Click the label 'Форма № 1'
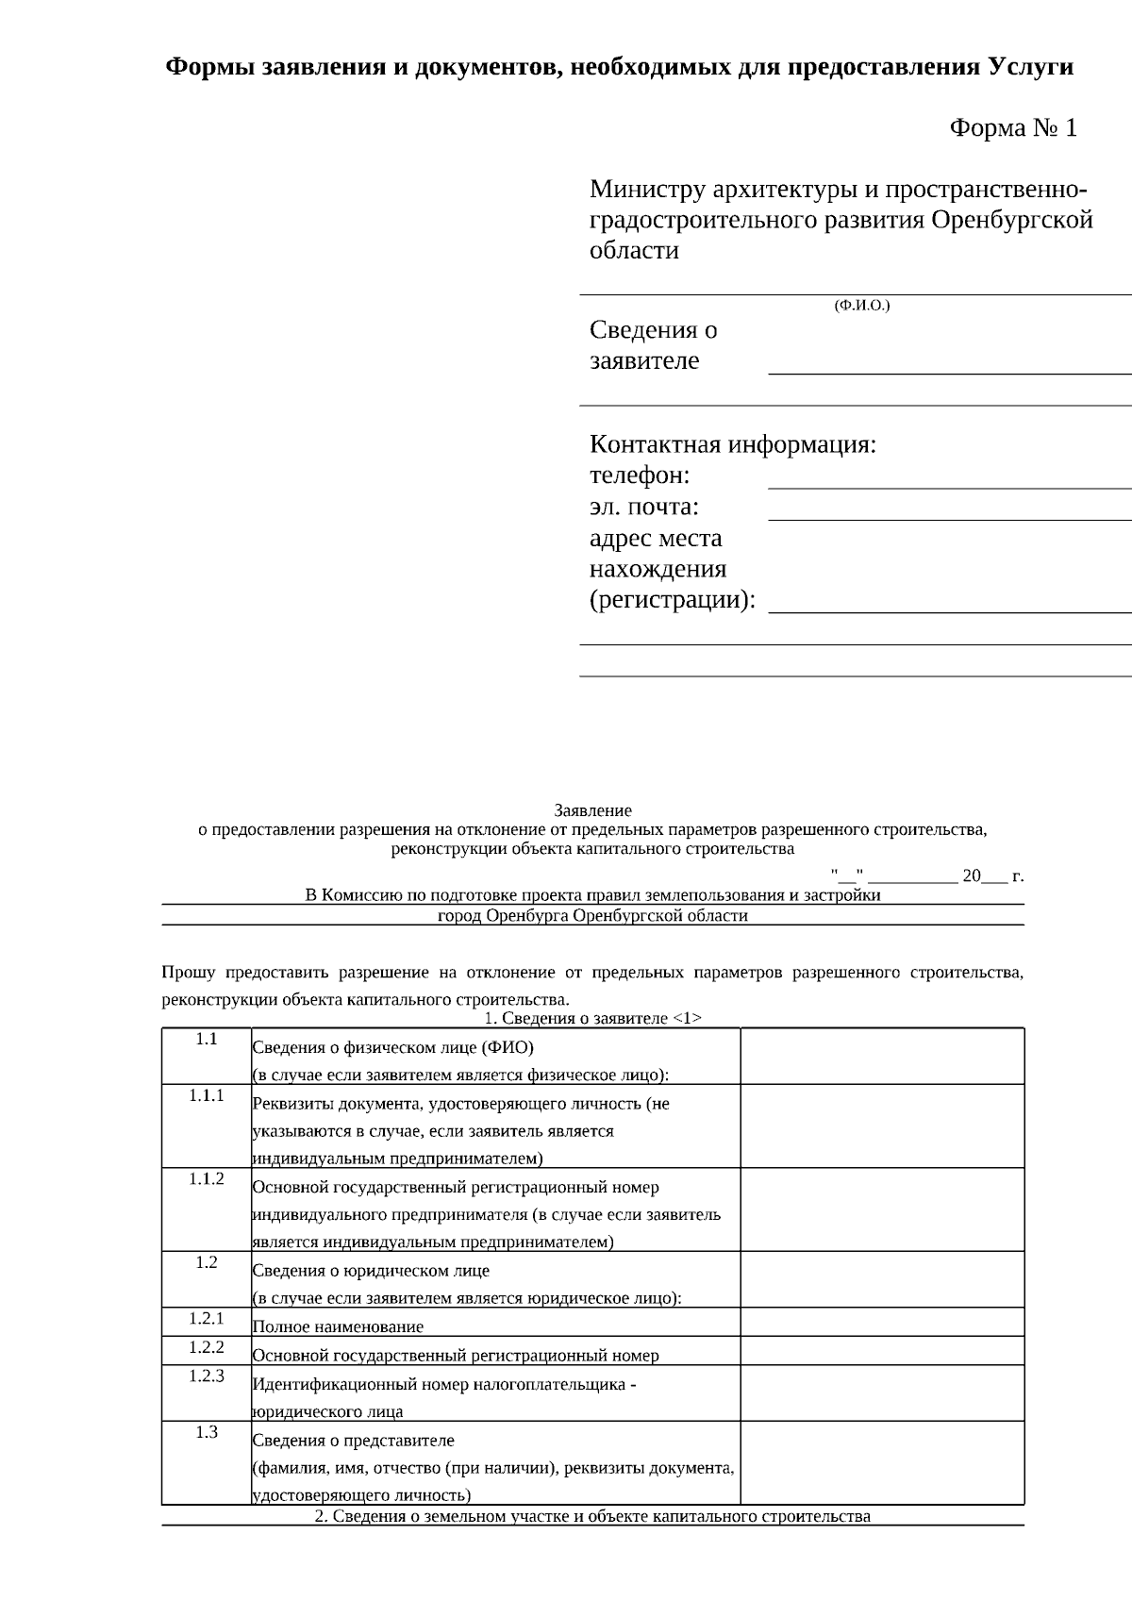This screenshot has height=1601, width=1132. tap(1012, 128)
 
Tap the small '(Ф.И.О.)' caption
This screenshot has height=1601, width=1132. tap(861, 306)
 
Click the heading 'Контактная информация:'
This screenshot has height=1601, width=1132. tap(733, 444)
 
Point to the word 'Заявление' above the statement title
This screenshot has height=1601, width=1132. tap(592, 810)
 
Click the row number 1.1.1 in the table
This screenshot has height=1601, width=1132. tap(207, 1095)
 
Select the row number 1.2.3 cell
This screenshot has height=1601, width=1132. tap(207, 1376)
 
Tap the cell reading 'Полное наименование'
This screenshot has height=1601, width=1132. tap(338, 1326)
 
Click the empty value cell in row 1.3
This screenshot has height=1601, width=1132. tap(882, 1462)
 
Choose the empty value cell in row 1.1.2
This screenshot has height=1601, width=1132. tap(882, 1209)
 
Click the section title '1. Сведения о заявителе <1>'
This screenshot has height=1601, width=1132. tap(592, 1018)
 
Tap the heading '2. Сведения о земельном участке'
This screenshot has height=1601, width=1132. tap(592, 1516)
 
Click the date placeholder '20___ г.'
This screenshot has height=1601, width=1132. tap(992, 876)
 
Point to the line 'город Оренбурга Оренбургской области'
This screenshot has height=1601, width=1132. tap(592, 915)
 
